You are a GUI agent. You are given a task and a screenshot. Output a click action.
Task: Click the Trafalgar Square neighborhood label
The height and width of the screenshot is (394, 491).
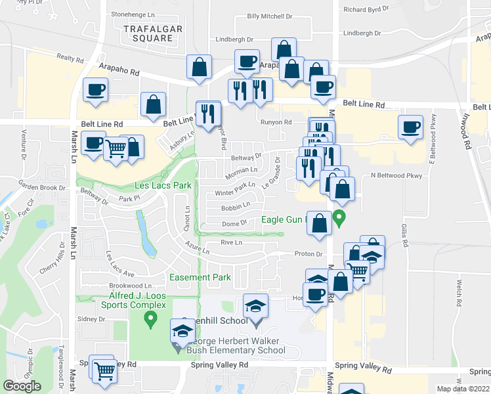[152, 32]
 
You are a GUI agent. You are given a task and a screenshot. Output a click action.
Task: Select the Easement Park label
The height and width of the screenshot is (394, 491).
[200, 278]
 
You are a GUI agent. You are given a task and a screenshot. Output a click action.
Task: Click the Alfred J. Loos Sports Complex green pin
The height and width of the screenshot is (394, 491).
[151, 320]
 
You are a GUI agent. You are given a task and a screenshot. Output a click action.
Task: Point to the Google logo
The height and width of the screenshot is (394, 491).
[22, 386]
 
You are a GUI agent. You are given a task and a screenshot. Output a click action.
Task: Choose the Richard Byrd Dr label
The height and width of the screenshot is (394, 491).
[366, 9]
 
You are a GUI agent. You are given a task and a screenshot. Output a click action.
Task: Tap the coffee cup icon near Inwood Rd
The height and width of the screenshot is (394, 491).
[412, 126]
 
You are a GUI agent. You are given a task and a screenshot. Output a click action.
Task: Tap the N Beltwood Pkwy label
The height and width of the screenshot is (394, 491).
[395, 175]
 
